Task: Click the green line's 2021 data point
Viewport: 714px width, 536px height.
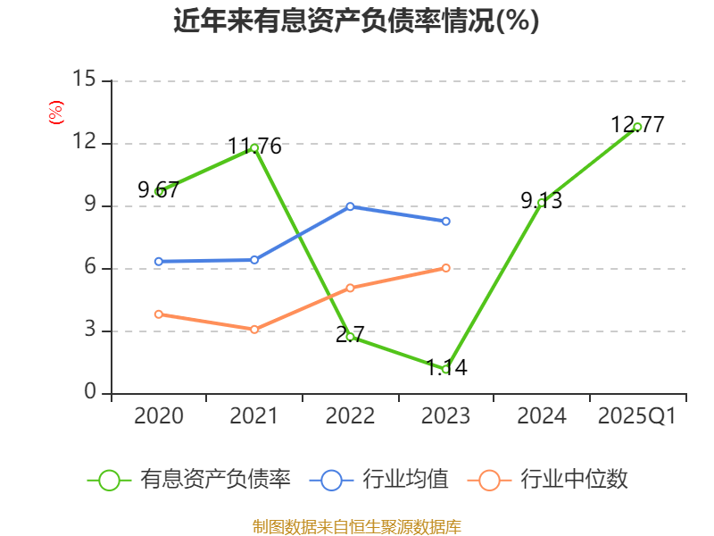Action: point(254,147)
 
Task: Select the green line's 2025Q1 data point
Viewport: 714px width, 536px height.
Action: point(637,127)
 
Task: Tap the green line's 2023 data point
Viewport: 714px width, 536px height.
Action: point(445,369)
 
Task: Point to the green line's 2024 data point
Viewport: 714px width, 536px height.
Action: point(542,203)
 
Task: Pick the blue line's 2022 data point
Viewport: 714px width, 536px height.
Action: point(350,206)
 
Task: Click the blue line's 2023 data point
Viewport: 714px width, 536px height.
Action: point(445,221)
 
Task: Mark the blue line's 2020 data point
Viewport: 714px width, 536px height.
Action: point(159,262)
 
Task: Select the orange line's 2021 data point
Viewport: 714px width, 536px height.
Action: point(254,330)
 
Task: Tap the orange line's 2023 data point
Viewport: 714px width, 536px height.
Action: point(445,268)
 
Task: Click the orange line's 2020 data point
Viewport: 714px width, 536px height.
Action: point(159,314)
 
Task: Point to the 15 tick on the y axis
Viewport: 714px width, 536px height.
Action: point(84,80)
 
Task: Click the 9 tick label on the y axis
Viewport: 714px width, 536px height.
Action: point(89,205)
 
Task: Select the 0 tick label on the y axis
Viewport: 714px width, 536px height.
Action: point(89,393)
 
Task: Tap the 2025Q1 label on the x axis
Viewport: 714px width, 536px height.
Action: point(637,416)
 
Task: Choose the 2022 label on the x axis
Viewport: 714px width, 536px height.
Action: point(350,416)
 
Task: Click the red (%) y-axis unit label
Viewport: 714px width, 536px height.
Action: point(55,113)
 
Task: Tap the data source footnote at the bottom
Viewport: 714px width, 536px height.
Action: point(357,526)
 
